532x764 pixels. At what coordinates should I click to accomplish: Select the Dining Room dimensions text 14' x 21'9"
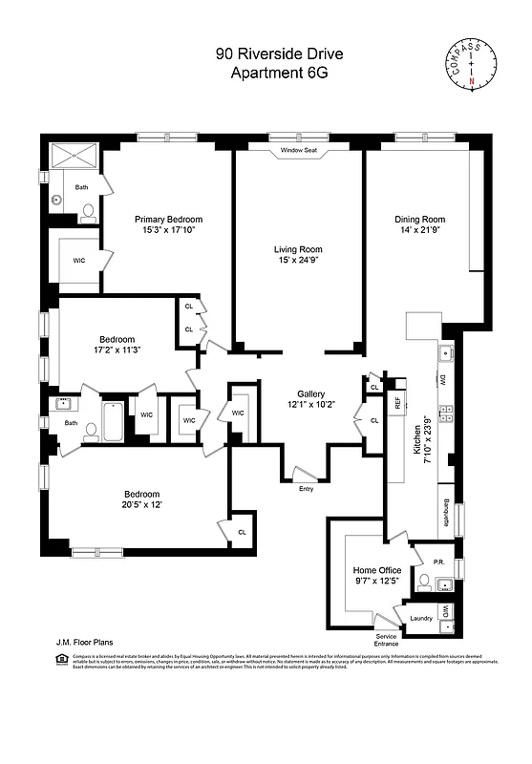(x=420, y=233)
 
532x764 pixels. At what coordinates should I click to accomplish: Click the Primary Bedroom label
(x=168, y=219)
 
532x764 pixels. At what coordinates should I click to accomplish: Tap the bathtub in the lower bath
(x=113, y=420)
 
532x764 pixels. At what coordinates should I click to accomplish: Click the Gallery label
(x=311, y=393)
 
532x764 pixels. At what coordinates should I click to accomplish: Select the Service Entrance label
(x=387, y=640)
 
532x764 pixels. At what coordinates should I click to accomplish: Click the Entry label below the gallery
(x=306, y=489)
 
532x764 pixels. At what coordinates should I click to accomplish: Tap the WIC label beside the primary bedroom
(x=80, y=259)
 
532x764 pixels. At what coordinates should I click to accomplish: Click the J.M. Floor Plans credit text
(x=78, y=643)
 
